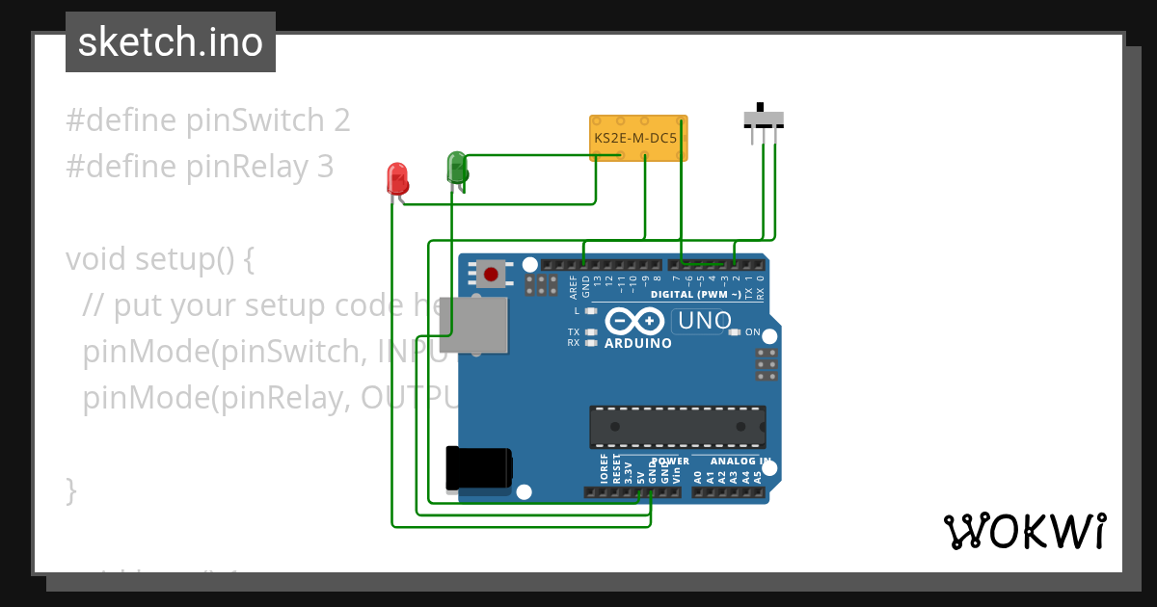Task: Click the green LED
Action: [x=457, y=167]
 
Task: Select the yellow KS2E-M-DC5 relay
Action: [x=637, y=138]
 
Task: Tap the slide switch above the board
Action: [x=764, y=119]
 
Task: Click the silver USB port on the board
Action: [x=473, y=324]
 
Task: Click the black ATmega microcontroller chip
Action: [x=678, y=427]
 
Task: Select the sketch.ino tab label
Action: [x=171, y=42]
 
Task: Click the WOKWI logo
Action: [x=1024, y=531]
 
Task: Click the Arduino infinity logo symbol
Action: [x=635, y=321]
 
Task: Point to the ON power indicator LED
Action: [x=735, y=332]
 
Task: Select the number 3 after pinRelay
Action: [x=325, y=167]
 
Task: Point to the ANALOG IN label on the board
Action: [x=739, y=462]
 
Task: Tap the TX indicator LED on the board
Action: [x=591, y=331]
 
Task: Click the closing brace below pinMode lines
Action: [x=71, y=490]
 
